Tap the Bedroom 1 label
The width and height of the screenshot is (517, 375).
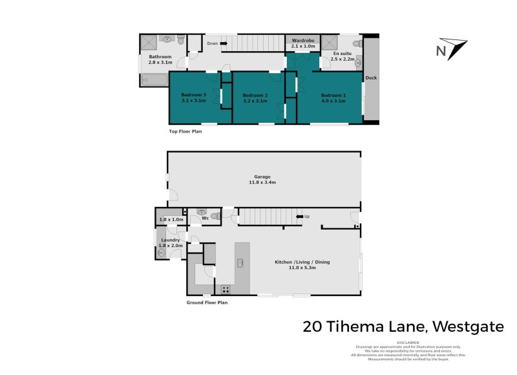tap(333, 96)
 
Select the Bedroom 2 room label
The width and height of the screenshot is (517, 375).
tap(255, 96)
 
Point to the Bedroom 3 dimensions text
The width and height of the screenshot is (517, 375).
tap(193, 101)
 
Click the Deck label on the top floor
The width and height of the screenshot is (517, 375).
tap(371, 78)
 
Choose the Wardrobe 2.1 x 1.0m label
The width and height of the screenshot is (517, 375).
tap(303, 43)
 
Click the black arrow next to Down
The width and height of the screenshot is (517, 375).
tap(226, 44)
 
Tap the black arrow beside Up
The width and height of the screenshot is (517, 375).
tap(299, 217)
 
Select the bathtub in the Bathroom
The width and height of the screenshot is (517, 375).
tap(154, 80)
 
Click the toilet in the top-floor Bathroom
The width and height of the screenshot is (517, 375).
tap(181, 41)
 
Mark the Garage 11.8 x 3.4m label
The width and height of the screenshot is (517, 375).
tap(262, 180)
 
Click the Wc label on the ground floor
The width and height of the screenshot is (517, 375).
tap(205, 218)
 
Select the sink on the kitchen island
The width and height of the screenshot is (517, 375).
tap(240, 262)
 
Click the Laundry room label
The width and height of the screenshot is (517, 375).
tap(171, 240)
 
